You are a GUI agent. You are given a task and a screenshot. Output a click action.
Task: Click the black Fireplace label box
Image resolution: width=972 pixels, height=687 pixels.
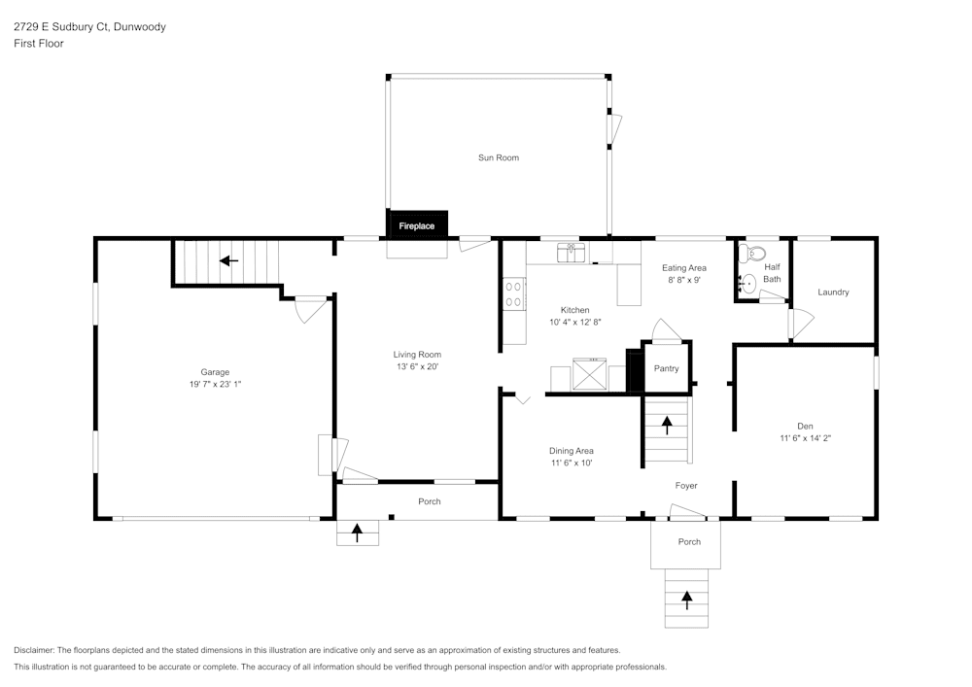[417, 225]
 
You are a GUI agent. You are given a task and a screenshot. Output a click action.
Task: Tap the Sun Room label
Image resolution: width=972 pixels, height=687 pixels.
[498, 157]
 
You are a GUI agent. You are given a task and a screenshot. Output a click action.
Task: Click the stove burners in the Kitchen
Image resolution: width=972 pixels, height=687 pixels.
[513, 294]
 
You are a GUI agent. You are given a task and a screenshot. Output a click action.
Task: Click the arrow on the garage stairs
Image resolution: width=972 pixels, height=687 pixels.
[228, 260]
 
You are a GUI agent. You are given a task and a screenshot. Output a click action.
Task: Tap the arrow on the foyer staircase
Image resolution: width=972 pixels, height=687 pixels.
[667, 424]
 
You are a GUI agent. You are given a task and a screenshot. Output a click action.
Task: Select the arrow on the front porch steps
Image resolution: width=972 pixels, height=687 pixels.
[688, 600]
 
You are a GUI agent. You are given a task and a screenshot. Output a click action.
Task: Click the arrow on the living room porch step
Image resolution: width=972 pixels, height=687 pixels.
[357, 532]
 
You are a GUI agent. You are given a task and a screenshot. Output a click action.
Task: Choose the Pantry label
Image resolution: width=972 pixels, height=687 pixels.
[666, 368]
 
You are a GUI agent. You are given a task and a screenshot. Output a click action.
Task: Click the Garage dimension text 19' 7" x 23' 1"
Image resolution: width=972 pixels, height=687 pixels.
[215, 385]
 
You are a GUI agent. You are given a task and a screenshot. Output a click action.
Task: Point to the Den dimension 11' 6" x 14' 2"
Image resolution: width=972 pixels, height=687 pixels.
[805, 438]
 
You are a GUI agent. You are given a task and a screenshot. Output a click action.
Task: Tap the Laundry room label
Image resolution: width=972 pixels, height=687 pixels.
[833, 292]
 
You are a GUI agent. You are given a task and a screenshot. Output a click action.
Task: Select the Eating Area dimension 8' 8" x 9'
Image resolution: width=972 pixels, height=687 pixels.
[683, 280]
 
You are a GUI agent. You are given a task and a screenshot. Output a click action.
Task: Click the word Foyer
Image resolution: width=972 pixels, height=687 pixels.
[686, 486]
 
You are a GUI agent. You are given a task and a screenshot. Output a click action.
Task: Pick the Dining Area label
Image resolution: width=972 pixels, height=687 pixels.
[571, 451]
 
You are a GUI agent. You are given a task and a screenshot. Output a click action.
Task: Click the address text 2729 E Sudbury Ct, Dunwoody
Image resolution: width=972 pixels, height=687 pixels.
[89, 27]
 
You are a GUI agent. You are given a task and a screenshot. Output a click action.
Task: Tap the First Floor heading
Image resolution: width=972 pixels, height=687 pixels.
[39, 44]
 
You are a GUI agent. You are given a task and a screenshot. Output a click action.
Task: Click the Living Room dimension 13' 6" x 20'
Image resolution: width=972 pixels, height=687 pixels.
[417, 366]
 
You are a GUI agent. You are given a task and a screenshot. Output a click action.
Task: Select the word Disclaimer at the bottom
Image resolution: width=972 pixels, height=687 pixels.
[34, 650]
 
